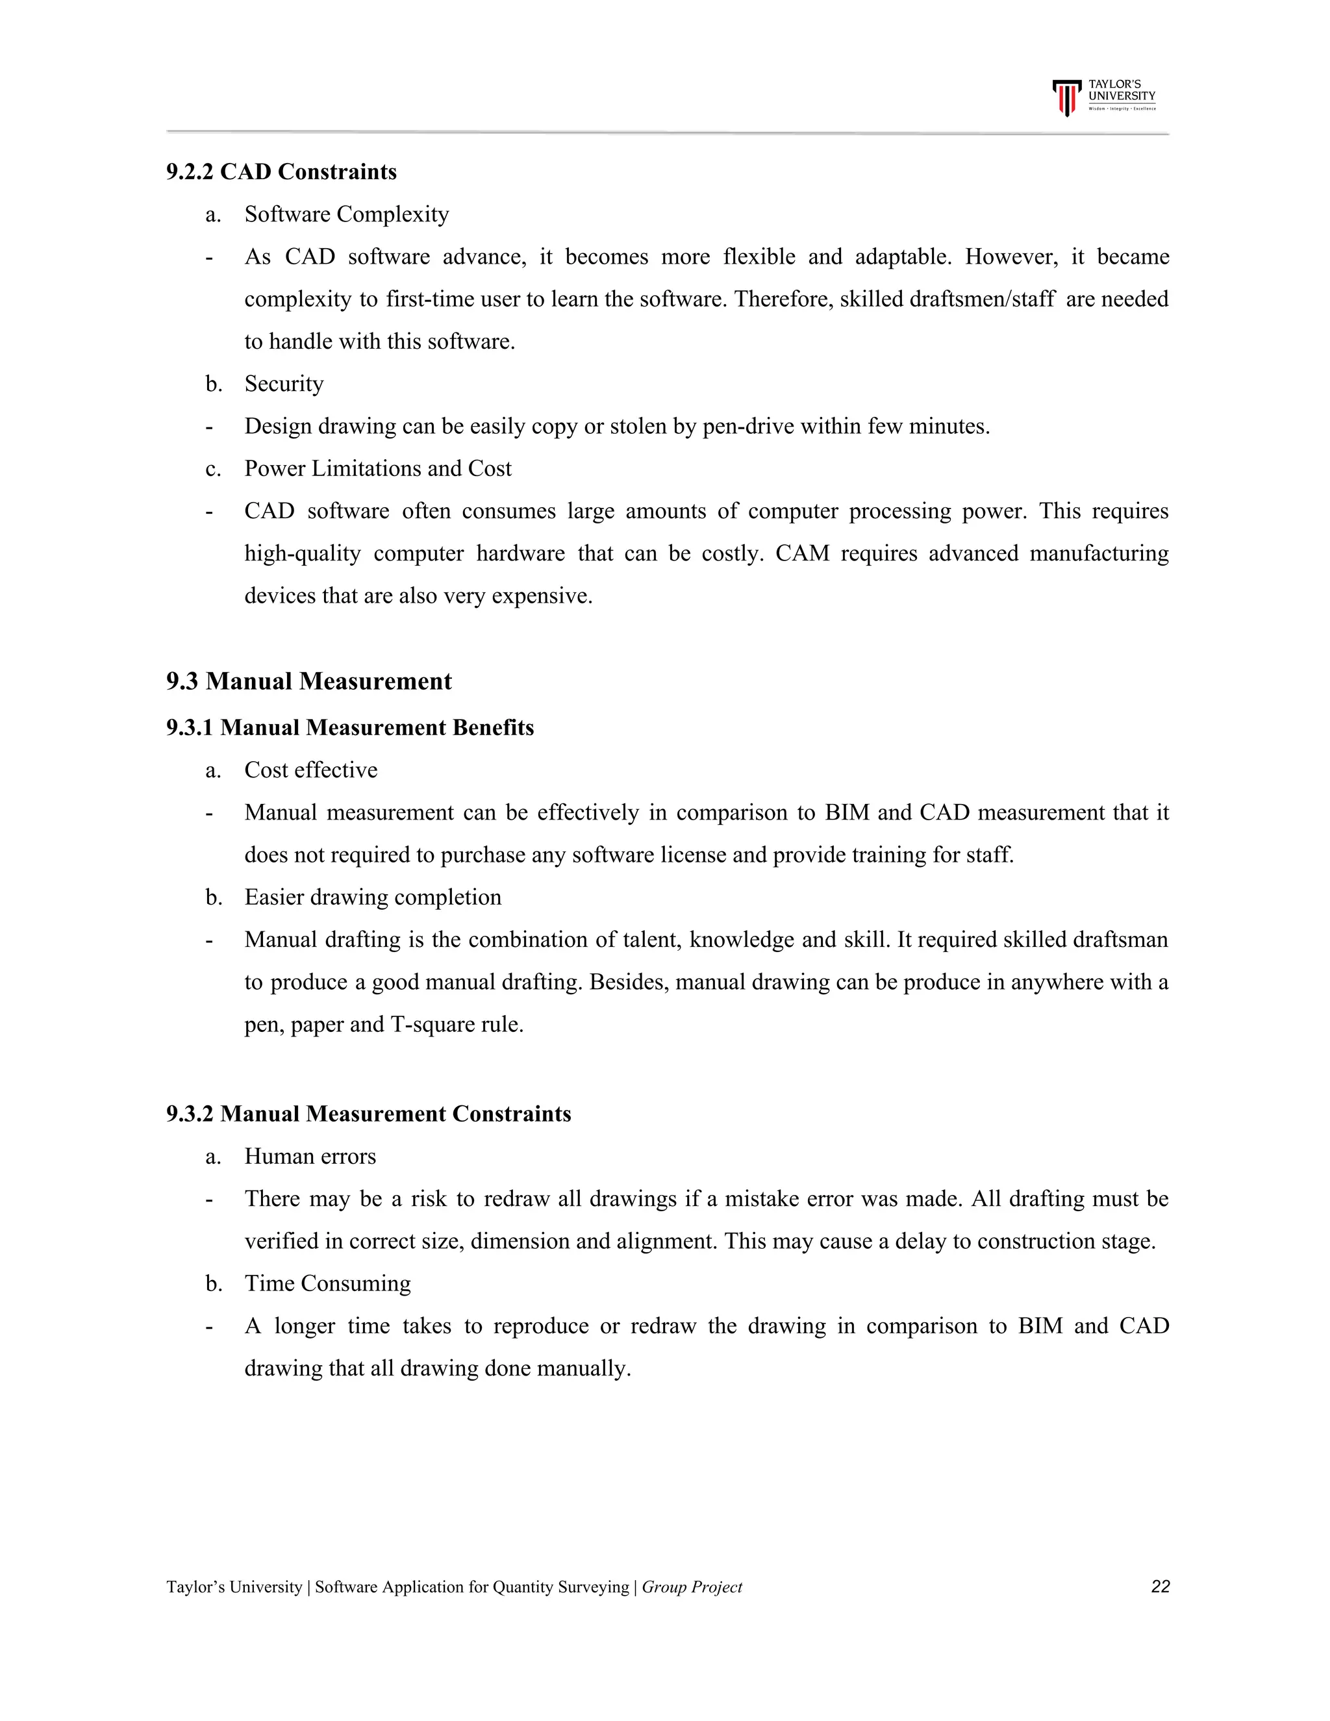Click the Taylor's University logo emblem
point(1066,97)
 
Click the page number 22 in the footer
point(1160,1587)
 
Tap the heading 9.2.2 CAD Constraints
point(281,172)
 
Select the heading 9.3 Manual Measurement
point(309,682)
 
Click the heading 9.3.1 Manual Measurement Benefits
point(350,727)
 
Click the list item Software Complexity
point(347,214)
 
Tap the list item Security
point(284,384)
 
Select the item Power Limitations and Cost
point(377,469)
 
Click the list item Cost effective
point(310,770)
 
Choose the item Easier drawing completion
point(373,898)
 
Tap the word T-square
point(433,1024)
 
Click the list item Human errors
point(310,1157)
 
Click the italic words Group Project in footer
point(692,1587)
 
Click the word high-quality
point(303,553)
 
